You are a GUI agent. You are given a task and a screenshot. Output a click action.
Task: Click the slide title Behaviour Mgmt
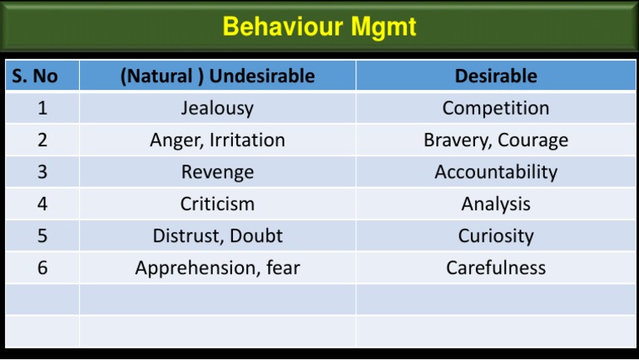coord(319,27)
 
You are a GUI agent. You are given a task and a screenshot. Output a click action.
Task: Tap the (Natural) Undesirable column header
coord(217,76)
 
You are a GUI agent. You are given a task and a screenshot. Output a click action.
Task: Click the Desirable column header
coord(496,76)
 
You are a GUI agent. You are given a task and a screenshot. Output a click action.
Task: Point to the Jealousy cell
coord(217,108)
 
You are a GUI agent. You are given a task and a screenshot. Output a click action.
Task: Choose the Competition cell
coord(496,108)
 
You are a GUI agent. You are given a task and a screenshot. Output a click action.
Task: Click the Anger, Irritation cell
coord(217,140)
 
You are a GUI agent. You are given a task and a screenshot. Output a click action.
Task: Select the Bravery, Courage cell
coord(496,140)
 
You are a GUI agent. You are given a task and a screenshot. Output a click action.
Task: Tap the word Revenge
coord(217,172)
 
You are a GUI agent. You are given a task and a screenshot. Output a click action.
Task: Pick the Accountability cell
coord(496,172)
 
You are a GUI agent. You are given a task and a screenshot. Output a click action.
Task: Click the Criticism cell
coord(217,204)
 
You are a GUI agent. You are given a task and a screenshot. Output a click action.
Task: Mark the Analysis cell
coord(496,204)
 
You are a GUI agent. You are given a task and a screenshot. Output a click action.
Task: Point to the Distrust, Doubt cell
coord(217,235)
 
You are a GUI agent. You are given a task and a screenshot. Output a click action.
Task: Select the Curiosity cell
coord(496,235)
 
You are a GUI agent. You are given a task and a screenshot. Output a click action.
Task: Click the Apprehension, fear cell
coord(217,268)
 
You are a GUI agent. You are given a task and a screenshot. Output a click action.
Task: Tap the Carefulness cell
coord(496,268)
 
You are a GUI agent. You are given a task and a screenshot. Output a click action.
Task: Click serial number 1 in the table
coord(42,108)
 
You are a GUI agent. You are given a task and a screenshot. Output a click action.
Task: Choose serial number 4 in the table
coord(42,204)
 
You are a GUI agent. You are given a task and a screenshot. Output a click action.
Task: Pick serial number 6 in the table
coord(42,268)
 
